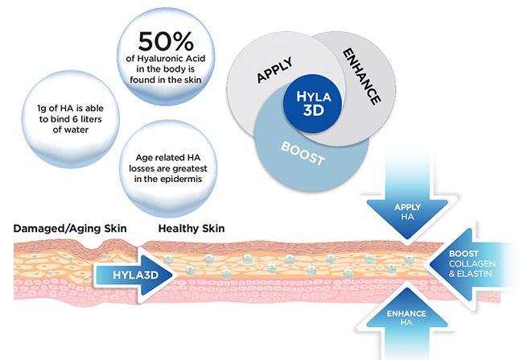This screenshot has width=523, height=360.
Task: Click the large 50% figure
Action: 166,41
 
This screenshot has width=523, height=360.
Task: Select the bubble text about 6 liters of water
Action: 70,119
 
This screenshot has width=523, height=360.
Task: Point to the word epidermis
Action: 182,179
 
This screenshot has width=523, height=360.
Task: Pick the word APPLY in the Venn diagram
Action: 275,70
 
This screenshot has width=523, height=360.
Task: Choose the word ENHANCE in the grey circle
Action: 361,77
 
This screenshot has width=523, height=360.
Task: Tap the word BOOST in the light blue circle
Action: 303,154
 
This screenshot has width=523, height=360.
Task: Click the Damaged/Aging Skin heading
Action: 70,229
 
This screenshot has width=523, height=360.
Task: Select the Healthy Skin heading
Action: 191,229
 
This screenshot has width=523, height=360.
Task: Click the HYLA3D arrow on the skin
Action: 134,275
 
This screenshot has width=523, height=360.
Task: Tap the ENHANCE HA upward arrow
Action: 406,321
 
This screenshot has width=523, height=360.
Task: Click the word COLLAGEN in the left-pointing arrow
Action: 472,264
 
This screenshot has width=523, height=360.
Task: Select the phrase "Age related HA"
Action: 168,158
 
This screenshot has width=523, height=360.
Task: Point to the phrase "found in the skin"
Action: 166,81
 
